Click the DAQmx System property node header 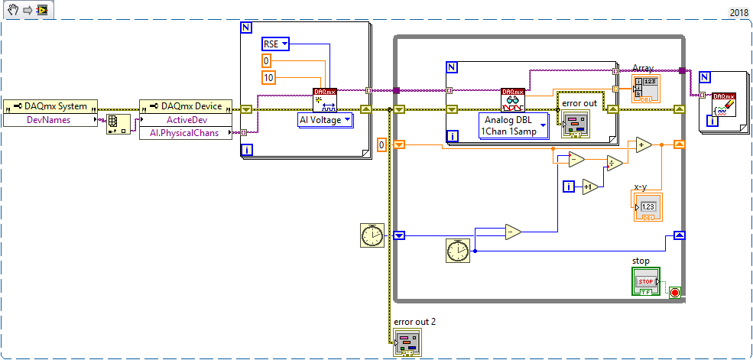[x=50, y=105]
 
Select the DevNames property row [x=50, y=119]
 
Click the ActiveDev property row [x=186, y=119]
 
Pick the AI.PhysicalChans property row [x=186, y=133]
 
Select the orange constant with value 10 [x=268, y=77]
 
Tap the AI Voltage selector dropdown [x=325, y=120]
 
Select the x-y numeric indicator [x=647, y=207]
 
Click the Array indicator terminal [x=646, y=89]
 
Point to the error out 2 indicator [x=407, y=342]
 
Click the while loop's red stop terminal [x=674, y=292]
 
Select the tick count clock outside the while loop [x=372, y=235]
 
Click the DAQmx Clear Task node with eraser [x=724, y=100]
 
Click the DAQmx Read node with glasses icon [x=513, y=100]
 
